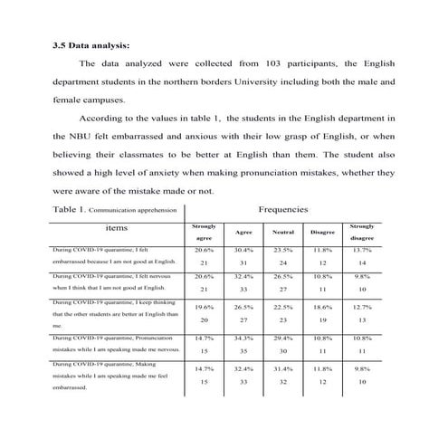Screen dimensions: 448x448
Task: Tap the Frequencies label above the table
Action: pos(282,209)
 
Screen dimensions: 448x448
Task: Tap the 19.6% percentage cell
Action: pos(205,307)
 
